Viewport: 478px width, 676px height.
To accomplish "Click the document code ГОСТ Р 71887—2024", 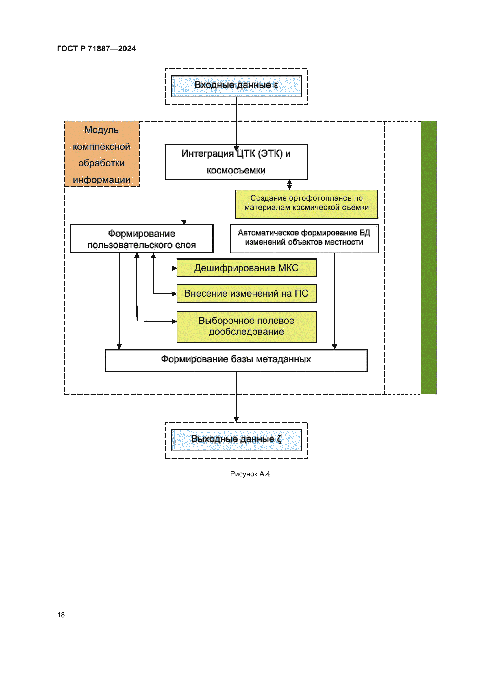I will click(96, 49).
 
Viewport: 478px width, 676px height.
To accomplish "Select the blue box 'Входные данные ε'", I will click(236, 86).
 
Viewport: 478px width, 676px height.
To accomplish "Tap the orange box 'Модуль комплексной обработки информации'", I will click(101, 154).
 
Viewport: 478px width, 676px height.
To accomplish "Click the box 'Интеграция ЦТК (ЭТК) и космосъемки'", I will click(236, 162).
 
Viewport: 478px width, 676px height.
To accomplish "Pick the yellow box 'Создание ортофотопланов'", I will click(306, 204).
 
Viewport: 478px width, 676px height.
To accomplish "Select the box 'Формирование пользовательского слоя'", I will click(142, 239).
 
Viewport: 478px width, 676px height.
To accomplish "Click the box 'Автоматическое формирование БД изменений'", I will click(304, 239).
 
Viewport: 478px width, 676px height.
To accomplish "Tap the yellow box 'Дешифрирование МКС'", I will click(246, 268).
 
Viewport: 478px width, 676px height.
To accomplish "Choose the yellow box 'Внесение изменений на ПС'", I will click(246, 294).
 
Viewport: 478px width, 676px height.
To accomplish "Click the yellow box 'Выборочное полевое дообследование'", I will click(246, 327).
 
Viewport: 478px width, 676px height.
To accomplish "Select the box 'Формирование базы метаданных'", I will click(236, 361).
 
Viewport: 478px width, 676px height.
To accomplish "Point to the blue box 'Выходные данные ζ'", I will click(236, 440).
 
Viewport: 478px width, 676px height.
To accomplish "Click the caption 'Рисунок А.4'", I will click(250, 474).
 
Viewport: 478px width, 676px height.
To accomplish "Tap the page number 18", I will click(61, 615).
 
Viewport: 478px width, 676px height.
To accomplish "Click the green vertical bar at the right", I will click(428, 257).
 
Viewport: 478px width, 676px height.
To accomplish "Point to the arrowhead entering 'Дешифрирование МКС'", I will click(174, 268).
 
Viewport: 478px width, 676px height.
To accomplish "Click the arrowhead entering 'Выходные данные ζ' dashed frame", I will click(236, 420).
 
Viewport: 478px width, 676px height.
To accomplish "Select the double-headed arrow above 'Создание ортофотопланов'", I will click(290, 185).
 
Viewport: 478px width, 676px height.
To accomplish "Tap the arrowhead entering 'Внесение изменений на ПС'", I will click(174, 294).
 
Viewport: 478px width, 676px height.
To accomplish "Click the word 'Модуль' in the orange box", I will click(101, 130).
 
